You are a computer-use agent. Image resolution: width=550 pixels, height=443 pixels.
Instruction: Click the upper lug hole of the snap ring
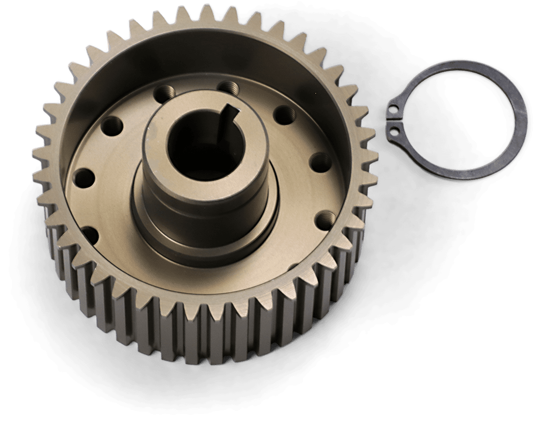tap(394, 109)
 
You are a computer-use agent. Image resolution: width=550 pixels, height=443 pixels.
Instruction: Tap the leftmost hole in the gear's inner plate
tap(82, 175)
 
